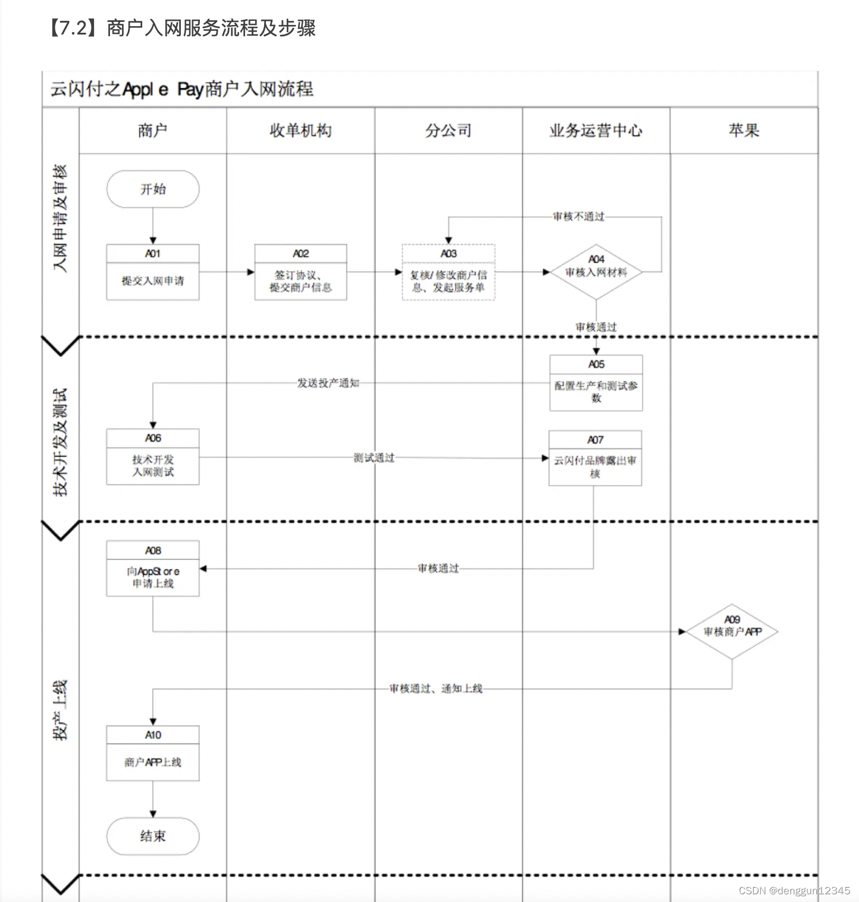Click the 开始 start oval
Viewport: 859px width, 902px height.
[153, 189]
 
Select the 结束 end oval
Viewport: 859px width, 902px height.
[153, 836]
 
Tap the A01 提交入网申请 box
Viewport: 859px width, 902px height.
[153, 273]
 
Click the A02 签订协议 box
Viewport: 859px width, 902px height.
[300, 273]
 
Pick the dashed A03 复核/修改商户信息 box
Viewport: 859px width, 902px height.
[449, 273]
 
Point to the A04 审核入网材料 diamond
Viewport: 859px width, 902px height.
[596, 272]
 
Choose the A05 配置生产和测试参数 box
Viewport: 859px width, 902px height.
[596, 383]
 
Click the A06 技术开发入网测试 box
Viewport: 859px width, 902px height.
[153, 457]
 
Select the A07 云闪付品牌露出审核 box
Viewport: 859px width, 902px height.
[595, 458]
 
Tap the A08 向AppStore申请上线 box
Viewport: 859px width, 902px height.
[153, 569]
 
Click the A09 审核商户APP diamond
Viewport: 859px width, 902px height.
[732, 631]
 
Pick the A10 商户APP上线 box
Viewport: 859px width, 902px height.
[153, 753]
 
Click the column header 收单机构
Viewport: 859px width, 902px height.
[300, 131]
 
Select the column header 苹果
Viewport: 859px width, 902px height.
[744, 131]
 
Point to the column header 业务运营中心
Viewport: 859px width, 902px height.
[596, 131]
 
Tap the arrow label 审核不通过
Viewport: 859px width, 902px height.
[578, 217]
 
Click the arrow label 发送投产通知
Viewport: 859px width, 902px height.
[328, 383]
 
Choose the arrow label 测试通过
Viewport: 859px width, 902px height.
[374, 458]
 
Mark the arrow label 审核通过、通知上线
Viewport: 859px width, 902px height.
[435, 688]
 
